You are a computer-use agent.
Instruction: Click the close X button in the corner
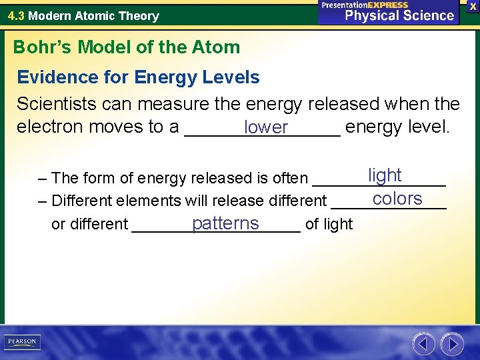472,6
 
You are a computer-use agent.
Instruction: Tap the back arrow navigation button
423,344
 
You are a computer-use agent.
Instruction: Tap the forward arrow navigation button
453,344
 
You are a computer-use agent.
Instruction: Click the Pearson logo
22,342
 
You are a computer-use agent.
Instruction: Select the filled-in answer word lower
266,127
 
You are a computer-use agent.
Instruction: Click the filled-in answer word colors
397,199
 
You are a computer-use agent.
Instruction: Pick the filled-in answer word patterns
225,223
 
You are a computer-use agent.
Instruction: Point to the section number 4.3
17,15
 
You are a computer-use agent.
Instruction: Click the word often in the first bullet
291,178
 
